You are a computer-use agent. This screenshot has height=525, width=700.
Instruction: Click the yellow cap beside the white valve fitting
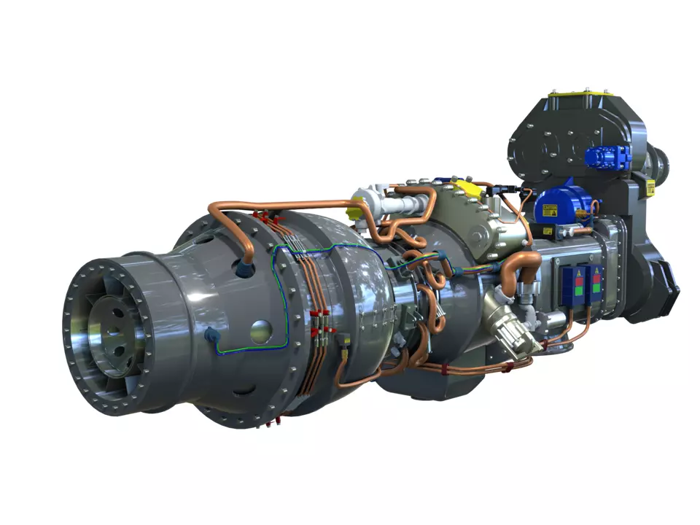tap(354, 212)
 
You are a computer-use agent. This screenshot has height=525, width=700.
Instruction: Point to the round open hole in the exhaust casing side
tap(260, 332)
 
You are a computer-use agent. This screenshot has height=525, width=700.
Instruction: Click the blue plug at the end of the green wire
tap(211, 336)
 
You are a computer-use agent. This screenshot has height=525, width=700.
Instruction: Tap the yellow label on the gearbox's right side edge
tap(651, 188)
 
